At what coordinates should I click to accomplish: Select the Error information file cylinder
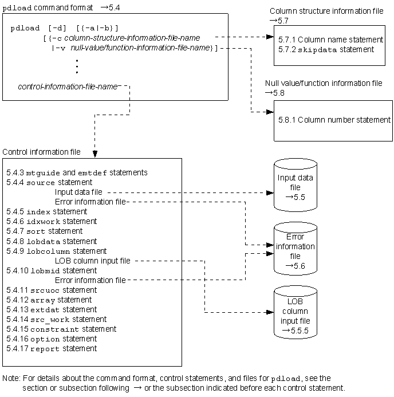coord(295,246)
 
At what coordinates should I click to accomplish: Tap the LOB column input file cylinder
coord(295,312)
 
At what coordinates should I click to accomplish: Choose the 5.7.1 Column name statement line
coord(332,40)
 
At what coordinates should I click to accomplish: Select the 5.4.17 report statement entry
coord(52,348)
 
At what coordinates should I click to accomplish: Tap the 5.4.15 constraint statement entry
coord(61,329)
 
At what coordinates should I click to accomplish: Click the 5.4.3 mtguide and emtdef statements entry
coord(77,172)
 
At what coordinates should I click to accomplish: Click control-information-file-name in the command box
coord(68,87)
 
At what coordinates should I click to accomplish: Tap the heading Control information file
coord(42,152)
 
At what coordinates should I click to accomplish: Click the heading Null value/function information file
coord(324,83)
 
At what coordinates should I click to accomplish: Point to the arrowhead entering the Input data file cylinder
coord(267,192)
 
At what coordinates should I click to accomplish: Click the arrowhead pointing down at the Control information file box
coord(94,154)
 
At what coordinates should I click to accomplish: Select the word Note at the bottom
coord(11,379)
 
